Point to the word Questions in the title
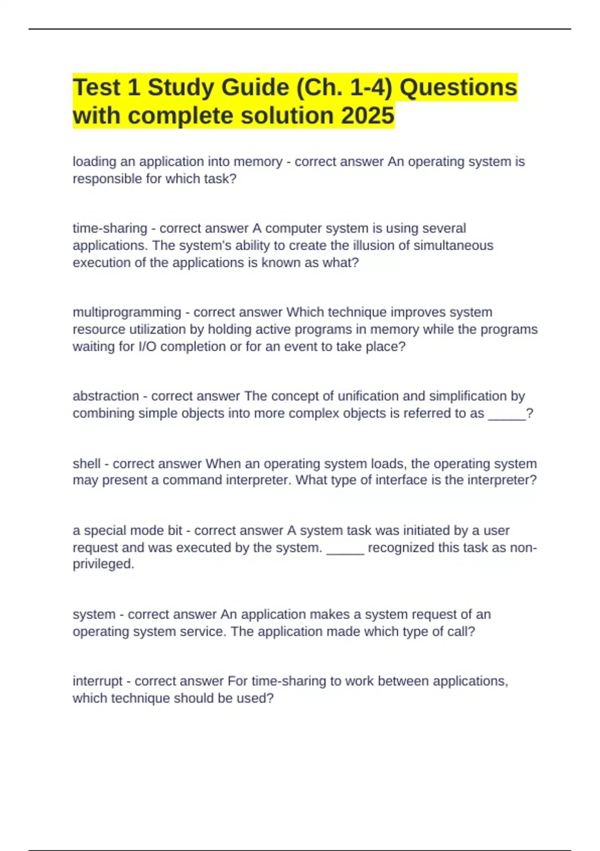click(x=458, y=88)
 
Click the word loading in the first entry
click(x=94, y=162)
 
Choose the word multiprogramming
click(x=127, y=312)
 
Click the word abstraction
click(x=106, y=396)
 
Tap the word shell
click(x=86, y=464)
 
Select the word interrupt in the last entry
click(x=97, y=681)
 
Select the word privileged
click(x=103, y=564)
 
